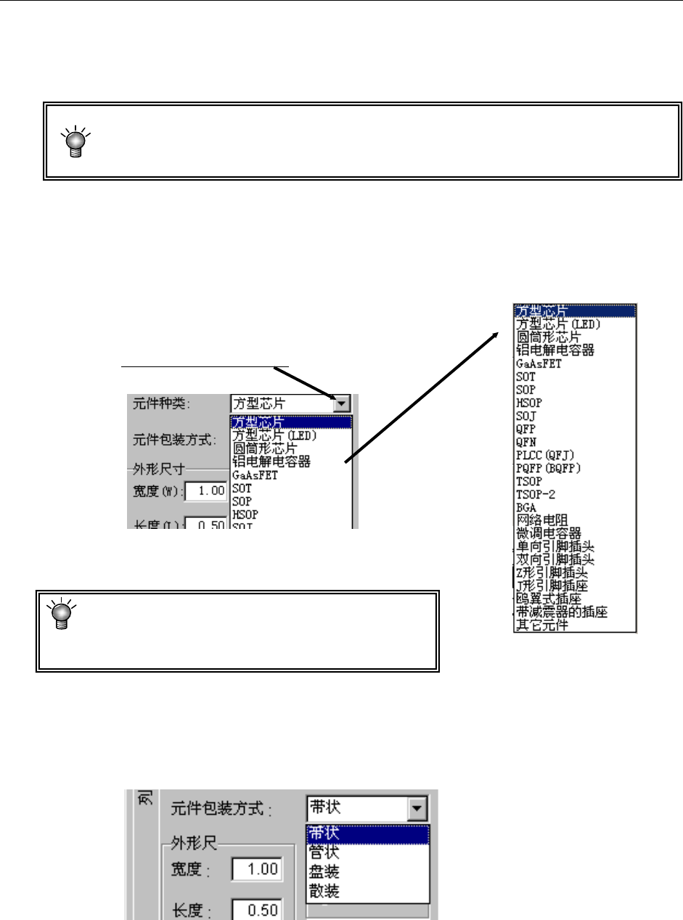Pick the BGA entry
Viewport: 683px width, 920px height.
tap(525, 507)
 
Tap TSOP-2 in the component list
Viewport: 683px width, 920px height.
tap(534, 494)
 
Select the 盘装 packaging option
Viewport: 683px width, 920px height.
tap(323, 871)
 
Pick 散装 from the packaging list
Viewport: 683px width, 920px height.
tap(323, 890)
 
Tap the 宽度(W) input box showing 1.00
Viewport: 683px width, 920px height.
tap(205, 491)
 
